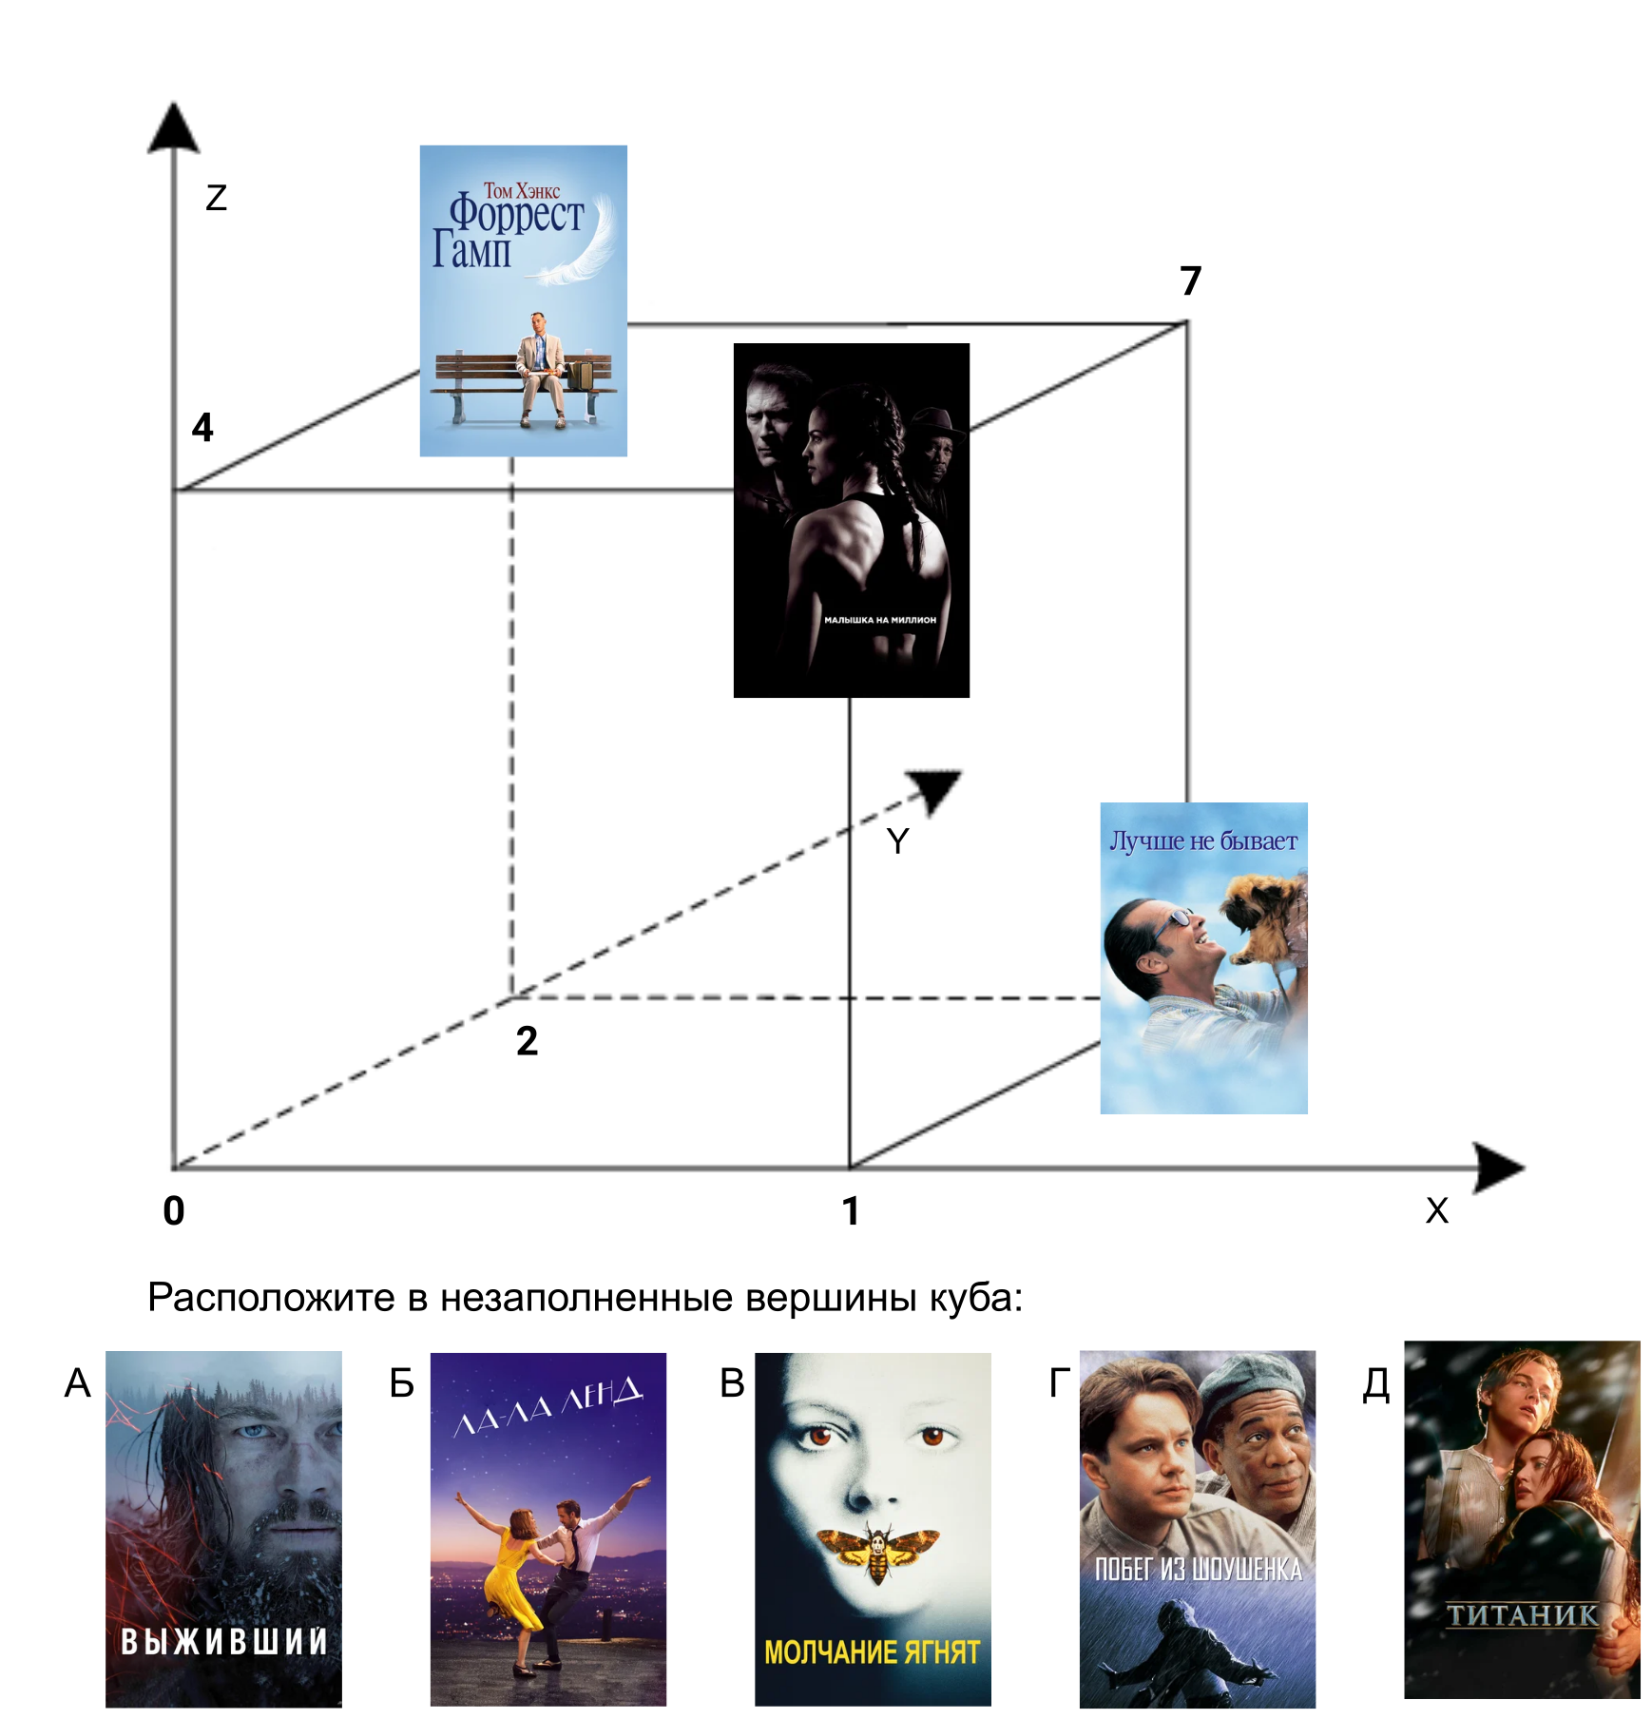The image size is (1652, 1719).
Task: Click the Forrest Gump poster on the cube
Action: point(523,300)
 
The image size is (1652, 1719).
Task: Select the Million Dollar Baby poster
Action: point(851,520)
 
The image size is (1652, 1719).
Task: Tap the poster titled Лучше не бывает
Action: point(1203,957)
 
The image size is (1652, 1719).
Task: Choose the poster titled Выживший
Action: point(223,1528)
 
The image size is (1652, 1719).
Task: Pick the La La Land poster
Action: point(547,1528)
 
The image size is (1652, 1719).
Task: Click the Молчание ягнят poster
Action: point(873,1528)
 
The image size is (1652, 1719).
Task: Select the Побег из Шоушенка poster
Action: point(1197,1528)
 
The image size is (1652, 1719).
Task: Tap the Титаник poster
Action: point(1522,1519)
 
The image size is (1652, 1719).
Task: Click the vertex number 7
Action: point(1190,280)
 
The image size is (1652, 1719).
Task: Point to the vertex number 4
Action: point(202,427)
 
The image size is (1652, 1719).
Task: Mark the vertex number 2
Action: point(527,1041)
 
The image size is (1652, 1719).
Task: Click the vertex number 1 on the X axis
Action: point(851,1211)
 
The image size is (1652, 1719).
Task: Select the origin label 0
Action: point(174,1210)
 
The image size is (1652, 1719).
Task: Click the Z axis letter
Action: point(217,198)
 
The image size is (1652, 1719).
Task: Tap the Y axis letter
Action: point(897,840)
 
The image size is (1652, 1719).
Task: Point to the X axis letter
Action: point(1437,1210)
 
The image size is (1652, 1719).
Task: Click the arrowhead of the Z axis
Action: point(174,128)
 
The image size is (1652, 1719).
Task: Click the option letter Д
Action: point(1375,1384)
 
